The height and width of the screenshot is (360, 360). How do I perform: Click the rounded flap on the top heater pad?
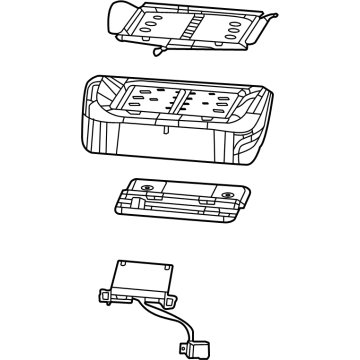coord(119,14)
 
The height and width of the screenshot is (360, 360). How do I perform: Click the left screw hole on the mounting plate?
coord(146,188)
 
